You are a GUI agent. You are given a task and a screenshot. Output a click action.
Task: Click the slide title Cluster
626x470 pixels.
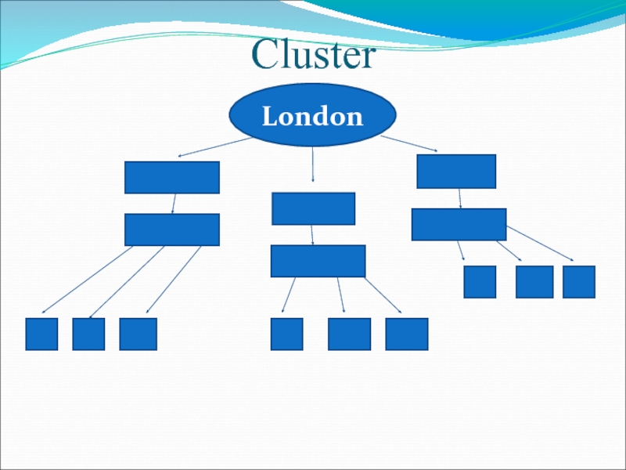314,56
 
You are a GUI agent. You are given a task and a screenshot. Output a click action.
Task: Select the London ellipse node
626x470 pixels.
312,116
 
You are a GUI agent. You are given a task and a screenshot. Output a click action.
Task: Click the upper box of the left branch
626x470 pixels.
172,177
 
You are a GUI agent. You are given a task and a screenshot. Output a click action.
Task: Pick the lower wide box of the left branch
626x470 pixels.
172,230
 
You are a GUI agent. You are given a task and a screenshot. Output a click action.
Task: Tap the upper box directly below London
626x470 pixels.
313,208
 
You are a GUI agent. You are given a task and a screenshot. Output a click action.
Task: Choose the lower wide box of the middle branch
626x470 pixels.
318,261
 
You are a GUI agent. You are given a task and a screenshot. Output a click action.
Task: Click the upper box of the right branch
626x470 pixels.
456,172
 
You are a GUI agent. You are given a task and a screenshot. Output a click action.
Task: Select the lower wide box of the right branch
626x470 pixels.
459,224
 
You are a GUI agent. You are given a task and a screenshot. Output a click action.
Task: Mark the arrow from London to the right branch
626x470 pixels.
409,144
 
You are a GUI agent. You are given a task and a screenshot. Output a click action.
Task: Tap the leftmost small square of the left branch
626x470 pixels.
41,334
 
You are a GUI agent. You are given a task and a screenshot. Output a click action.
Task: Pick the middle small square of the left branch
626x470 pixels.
88,334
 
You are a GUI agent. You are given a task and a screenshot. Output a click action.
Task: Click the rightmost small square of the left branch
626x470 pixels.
138,334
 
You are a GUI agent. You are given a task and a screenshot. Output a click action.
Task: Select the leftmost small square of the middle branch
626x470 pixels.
286,334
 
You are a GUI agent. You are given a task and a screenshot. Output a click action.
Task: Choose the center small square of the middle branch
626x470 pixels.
349,334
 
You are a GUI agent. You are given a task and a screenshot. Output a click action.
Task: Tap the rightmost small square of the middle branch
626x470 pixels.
407,334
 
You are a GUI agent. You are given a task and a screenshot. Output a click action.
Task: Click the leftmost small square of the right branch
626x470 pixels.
480,282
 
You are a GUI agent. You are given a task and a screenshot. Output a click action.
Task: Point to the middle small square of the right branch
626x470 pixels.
534,282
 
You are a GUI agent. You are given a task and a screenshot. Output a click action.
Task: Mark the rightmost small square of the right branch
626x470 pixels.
579,282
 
